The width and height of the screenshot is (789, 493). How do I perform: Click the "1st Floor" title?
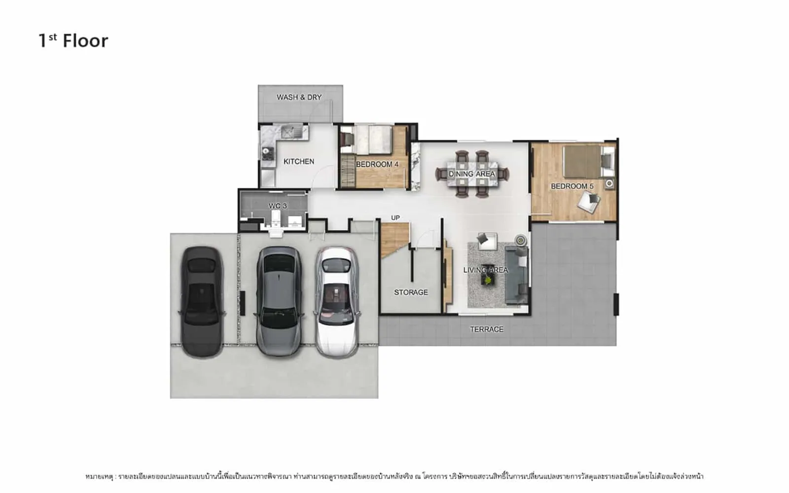tap(73, 41)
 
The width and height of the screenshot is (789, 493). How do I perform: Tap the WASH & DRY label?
tap(299, 97)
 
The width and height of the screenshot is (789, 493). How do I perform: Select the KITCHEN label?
tap(299, 162)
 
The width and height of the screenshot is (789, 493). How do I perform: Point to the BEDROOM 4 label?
tap(377, 165)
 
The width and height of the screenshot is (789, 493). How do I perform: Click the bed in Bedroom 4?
tap(373, 140)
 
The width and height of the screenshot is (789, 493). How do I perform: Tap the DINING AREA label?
tap(472, 174)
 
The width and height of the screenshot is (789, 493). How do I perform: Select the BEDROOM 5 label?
tap(572, 186)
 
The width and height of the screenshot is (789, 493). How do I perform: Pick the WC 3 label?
tap(278, 206)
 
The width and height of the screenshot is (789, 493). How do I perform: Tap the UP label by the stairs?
tap(395, 218)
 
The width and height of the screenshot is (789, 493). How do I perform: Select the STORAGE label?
tap(411, 292)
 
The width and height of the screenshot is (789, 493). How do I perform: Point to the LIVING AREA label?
tap(486, 270)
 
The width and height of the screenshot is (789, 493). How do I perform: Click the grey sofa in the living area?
tap(517, 276)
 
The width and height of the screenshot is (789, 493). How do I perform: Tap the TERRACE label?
tap(487, 329)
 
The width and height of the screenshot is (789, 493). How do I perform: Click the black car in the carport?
tap(202, 302)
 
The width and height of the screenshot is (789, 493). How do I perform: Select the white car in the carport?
tap(337, 302)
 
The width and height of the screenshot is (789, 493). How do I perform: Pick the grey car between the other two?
tap(279, 301)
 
